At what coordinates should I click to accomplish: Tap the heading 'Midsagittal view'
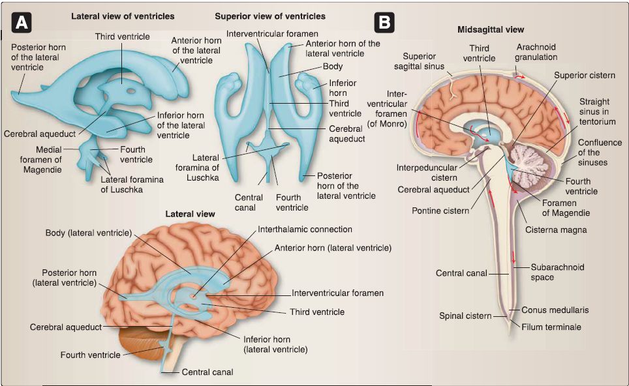(491, 29)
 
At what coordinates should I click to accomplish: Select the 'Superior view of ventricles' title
(270, 16)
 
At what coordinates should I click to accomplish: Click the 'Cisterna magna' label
(545, 230)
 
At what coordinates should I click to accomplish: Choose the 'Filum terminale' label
(551, 326)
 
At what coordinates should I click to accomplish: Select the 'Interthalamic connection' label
(305, 230)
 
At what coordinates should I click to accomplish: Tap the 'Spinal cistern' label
(465, 316)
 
